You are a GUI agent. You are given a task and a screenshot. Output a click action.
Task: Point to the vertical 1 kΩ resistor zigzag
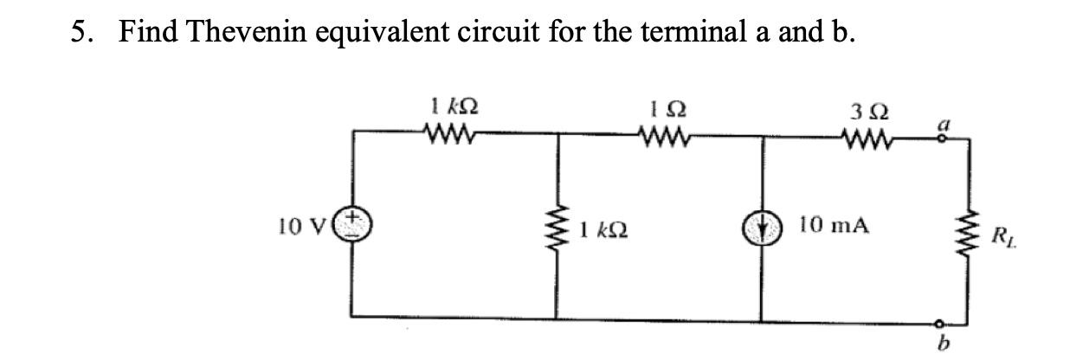[556, 230]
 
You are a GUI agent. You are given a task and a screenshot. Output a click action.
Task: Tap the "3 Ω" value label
[866, 112]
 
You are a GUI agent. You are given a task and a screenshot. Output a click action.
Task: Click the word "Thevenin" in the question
[251, 32]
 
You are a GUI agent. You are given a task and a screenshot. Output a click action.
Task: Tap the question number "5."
[82, 32]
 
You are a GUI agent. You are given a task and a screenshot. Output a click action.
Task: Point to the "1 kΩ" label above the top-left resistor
[453, 110]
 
